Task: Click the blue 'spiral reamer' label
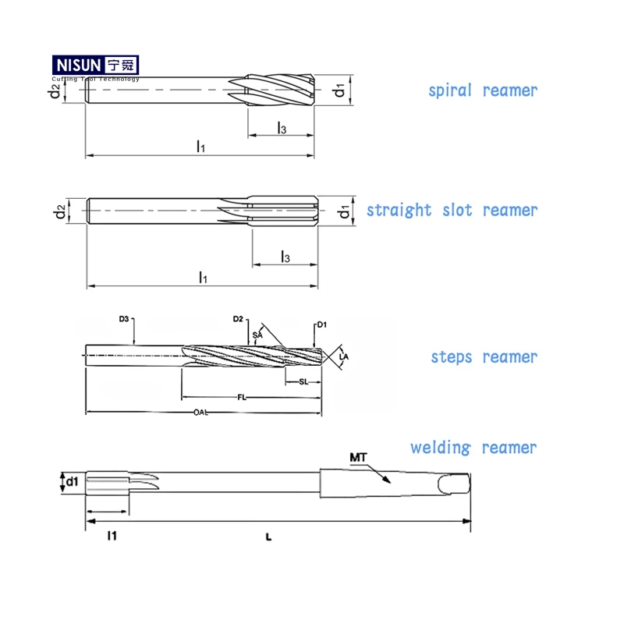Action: click(x=483, y=90)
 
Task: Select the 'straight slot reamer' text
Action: click(x=452, y=211)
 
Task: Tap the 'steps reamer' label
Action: click(x=484, y=357)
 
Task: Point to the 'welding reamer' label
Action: click(x=473, y=448)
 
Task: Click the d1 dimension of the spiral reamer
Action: click(x=339, y=90)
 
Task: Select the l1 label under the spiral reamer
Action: click(x=200, y=146)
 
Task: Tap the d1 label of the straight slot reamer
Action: click(x=343, y=212)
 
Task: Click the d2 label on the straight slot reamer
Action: click(x=59, y=212)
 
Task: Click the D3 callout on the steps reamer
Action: click(x=123, y=319)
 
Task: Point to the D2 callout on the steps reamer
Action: click(x=239, y=319)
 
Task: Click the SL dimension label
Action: click(x=303, y=381)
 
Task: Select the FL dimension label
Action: click(x=243, y=397)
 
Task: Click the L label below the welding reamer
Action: click(x=268, y=537)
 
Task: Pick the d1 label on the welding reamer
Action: click(x=72, y=481)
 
